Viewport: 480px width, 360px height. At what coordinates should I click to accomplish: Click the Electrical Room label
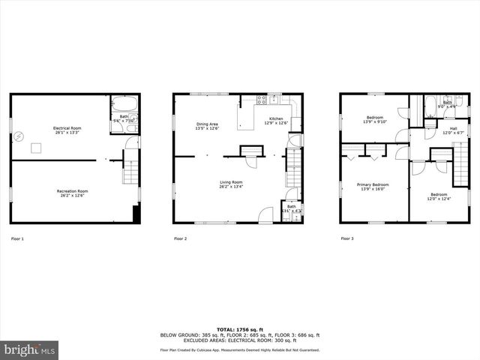[x=67, y=128]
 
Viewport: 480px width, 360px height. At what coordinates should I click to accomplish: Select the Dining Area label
[x=207, y=124]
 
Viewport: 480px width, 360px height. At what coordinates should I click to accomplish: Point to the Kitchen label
[x=276, y=119]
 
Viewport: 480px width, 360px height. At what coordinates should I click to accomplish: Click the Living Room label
[x=230, y=182]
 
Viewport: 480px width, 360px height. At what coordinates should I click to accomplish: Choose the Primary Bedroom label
[x=372, y=184]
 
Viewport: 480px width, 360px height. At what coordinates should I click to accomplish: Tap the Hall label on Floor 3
[x=453, y=128]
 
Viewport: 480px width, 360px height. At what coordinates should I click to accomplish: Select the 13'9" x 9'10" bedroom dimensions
[x=374, y=121]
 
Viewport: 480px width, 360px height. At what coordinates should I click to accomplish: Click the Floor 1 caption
[x=17, y=238]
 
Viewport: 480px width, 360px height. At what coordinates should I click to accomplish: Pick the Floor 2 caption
[x=180, y=238]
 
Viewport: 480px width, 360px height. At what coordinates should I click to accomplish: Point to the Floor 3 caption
[x=346, y=238]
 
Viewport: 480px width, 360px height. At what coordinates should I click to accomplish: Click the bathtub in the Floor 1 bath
[x=124, y=105]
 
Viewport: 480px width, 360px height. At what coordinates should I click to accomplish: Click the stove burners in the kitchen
[x=262, y=100]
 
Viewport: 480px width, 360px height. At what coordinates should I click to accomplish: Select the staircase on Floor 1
[x=130, y=169]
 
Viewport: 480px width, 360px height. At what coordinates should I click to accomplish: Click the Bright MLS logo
[x=30, y=350]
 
